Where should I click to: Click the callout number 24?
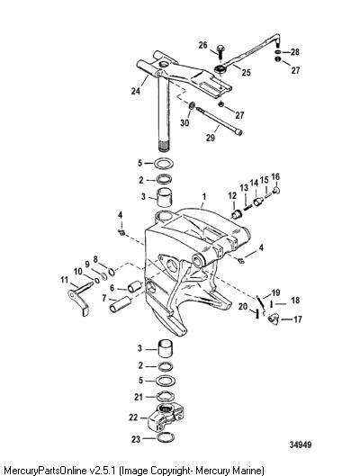point(136,91)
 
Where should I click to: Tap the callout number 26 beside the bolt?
point(203,45)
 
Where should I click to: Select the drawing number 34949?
point(301,445)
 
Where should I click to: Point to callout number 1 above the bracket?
point(204,196)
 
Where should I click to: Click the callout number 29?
point(211,138)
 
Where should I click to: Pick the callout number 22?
point(133,418)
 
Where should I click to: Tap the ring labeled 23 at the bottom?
point(166,438)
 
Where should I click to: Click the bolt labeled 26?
point(220,51)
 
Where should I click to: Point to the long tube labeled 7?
point(121,305)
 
